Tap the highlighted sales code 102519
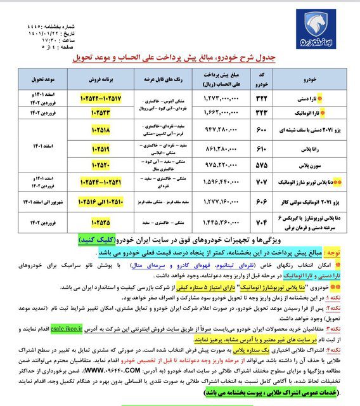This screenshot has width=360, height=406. (103, 148)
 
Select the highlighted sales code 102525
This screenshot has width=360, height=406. (103, 224)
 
